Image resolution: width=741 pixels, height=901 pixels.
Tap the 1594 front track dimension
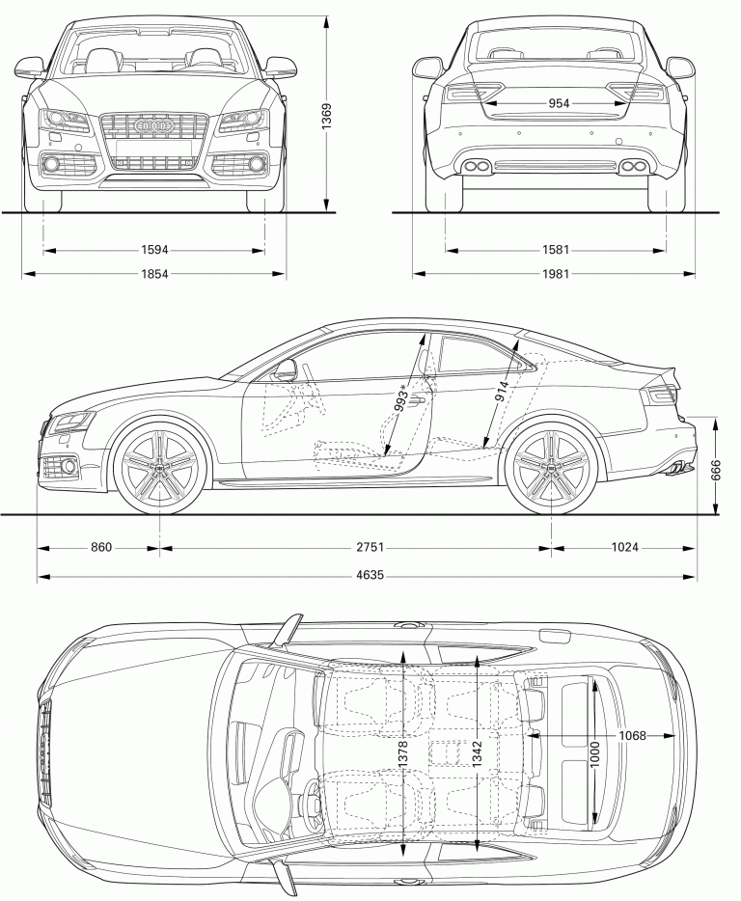(154, 251)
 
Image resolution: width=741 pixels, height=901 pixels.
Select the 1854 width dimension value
(154, 274)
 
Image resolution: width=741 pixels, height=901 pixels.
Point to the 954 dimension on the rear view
(559, 103)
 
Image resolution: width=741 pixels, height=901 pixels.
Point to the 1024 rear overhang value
(625, 548)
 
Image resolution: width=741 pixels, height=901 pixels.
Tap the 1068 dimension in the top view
(632, 736)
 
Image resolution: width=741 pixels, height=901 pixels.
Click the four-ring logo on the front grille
(154, 126)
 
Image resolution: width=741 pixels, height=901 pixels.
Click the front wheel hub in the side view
(159, 467)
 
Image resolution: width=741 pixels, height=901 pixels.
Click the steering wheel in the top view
(311, 802)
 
